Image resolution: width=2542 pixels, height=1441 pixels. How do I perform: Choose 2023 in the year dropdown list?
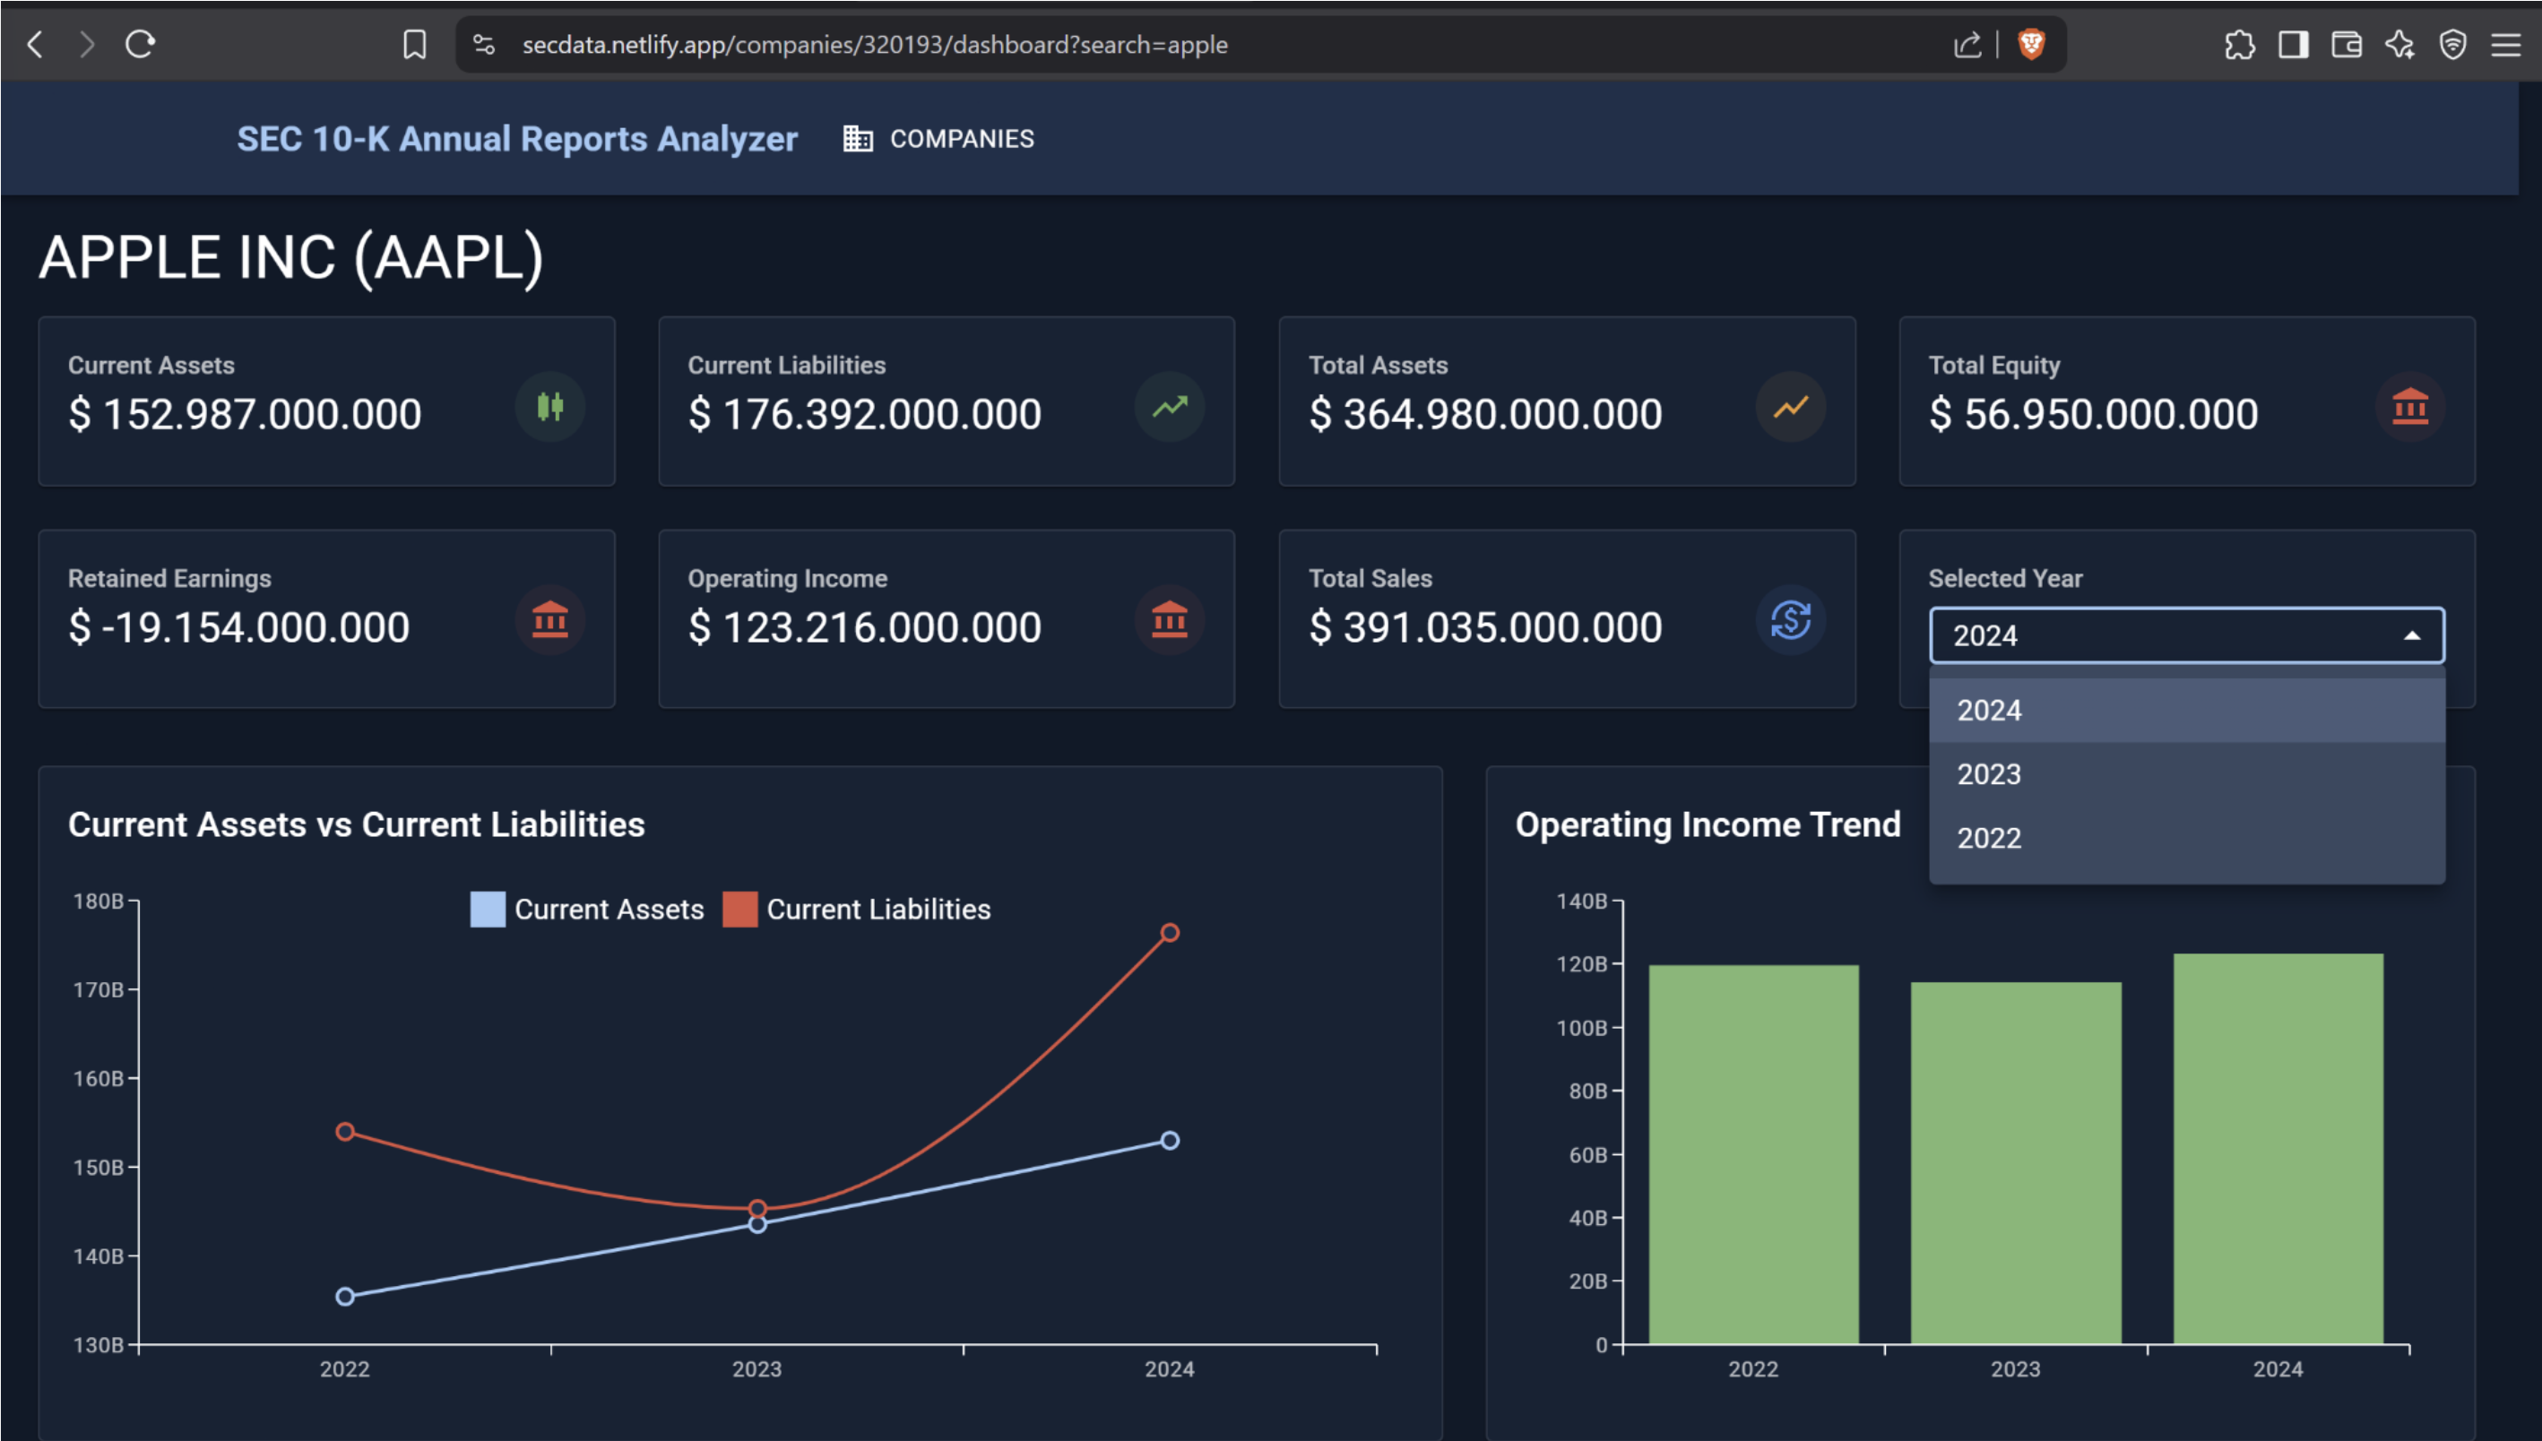[x=1988, y=774]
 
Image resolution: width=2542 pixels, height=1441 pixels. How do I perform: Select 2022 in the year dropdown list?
[x=1988, y=838]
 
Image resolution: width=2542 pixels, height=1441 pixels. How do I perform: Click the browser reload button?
[x=140, y=44]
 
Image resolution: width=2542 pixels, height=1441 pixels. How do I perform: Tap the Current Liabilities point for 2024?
[x=1169, y=932]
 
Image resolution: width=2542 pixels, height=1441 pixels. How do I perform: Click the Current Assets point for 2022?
[x=344, y=1297]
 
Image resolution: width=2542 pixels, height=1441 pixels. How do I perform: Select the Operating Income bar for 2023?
[x=2015, y=1163]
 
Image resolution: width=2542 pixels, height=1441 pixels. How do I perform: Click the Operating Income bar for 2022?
[x=1753, y=1154]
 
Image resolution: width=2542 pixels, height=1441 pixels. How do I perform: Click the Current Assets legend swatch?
[x=487, y=909]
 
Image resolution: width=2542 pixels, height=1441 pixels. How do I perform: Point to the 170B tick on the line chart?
[x=99, y=989]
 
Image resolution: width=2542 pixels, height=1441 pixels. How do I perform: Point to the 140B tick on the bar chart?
[x=1582, y=901]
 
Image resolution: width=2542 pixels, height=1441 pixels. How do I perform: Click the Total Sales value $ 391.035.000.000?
[x=1485, y=627]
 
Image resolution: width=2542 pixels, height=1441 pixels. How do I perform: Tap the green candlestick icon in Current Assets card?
[x=549, y=407]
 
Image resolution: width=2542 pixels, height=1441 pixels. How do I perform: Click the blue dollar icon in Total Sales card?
[x=1790, y=620]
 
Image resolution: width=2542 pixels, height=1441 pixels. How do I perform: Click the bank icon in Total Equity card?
[x=2409, y=407]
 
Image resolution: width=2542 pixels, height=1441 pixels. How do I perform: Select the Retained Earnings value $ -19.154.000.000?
[x=238, y=627]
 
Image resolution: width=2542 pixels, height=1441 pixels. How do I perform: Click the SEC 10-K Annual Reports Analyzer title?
[x=516, y=139]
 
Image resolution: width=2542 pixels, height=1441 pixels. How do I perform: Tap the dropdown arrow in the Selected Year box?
[x=2412, y=635]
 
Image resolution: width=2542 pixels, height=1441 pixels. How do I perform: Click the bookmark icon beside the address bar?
[x=415, y=44]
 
